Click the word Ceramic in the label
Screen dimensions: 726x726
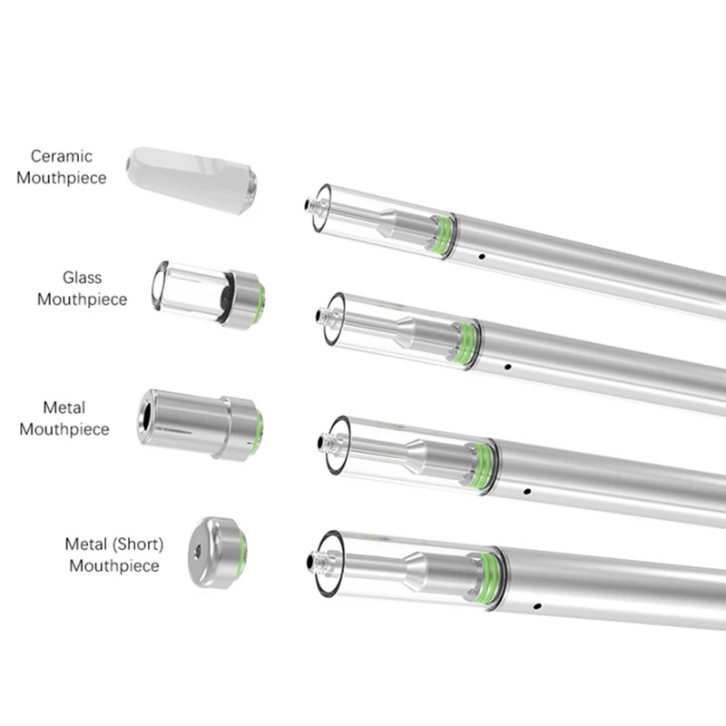click(62, 157)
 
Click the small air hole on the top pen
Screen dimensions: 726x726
click(481, 257)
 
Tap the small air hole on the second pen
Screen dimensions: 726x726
click(506, 368)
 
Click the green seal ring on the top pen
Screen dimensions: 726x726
click(445, 235)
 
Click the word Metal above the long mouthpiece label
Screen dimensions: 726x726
click(64, 408)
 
